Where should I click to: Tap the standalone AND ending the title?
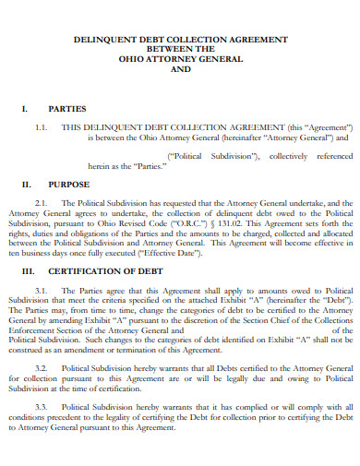point(180,70)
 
